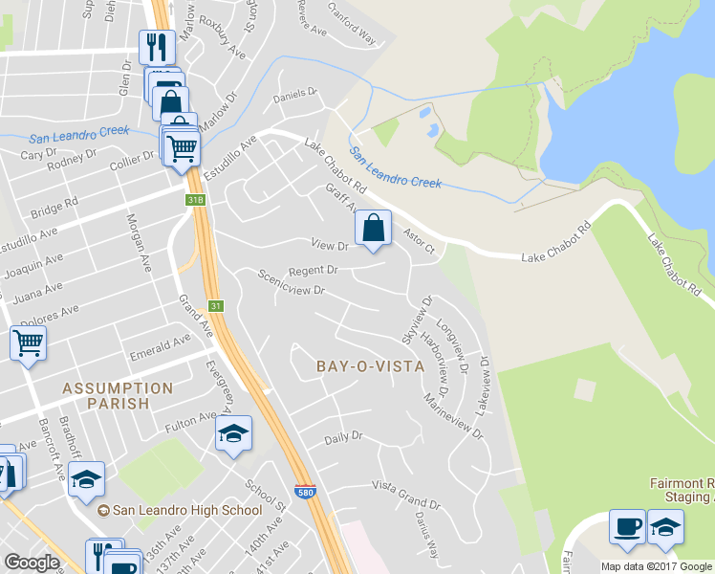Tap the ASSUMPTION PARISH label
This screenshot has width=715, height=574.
[x=119, y=395]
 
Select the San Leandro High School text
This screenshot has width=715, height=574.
[x=186, y=510]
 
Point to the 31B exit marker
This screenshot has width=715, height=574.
[x=195, y=200]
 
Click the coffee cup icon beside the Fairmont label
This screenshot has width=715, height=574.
[x=627, y=526]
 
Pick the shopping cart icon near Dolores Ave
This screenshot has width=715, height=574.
[x=29, y=342]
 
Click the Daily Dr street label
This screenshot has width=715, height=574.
[x=344, y=436]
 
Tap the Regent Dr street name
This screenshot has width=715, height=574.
[x=314, y=271]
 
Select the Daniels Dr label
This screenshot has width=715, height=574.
[x=294, y=94]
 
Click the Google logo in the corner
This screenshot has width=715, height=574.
[x=32, y=563]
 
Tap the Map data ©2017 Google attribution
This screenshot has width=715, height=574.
[x=656, y=566]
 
